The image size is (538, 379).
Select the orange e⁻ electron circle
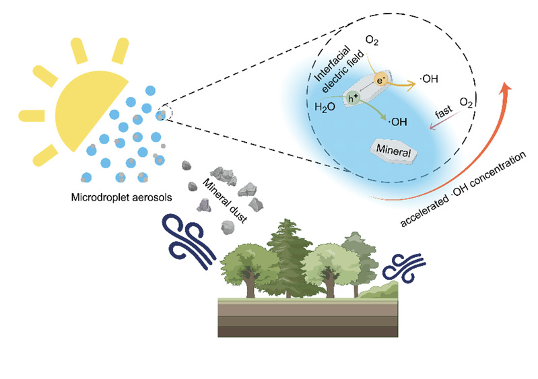tap(380, 77)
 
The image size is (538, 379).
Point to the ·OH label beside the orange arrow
tap(429, 79)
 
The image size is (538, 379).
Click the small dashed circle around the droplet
tap(164, 115)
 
